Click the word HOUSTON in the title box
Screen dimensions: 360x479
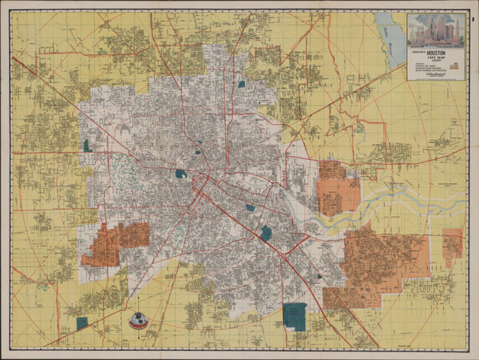[435, 53]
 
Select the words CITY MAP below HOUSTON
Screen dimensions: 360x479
[435, 59]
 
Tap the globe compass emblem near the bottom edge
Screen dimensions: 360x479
[138, 321]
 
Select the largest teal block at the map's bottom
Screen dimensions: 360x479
[295, 315]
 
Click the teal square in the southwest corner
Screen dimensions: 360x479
[82, 322]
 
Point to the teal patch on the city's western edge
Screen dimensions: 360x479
[89, 146]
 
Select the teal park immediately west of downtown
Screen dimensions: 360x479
[180, 174]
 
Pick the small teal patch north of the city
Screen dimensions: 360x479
[241, 84]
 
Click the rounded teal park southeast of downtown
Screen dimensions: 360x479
[266, 233]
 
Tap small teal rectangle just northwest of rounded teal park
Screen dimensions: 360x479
[249, 207]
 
